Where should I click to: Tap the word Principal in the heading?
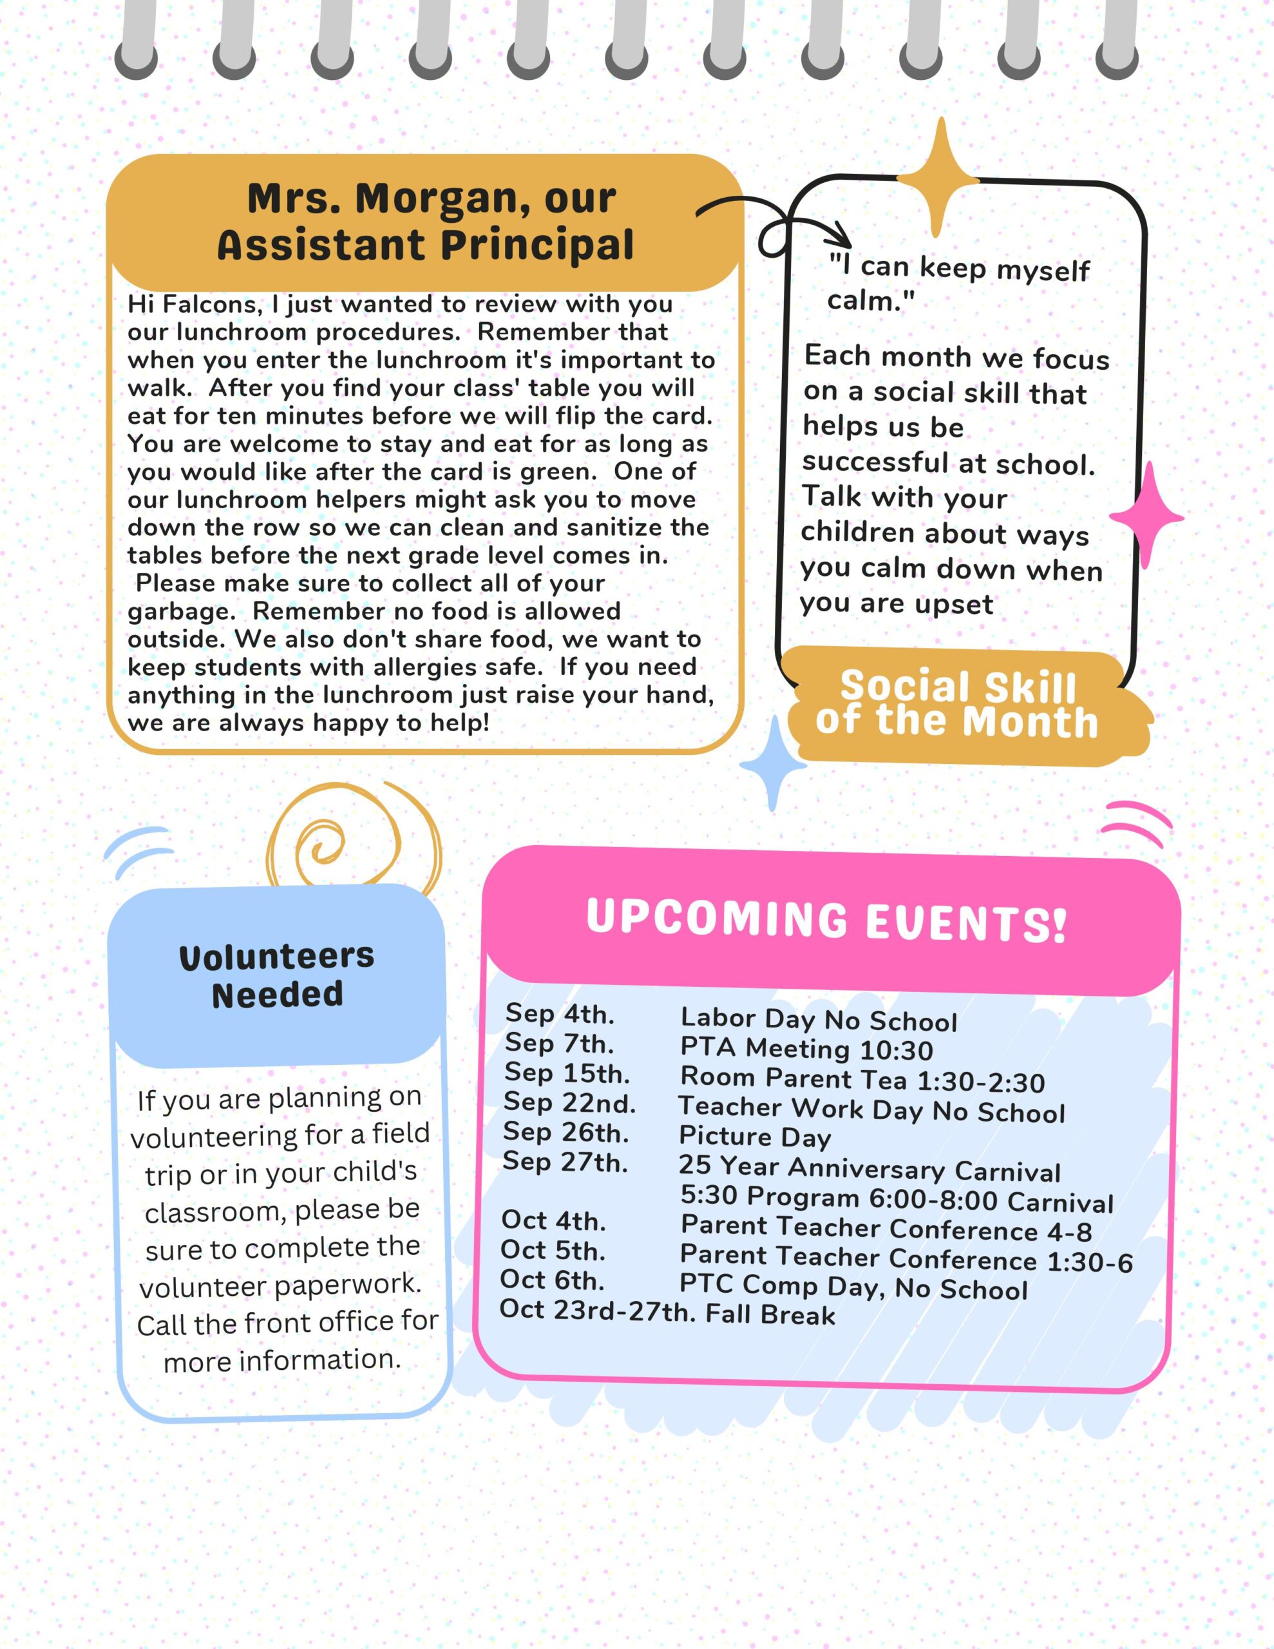tap(538, 245)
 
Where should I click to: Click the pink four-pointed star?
tap(1146, 517)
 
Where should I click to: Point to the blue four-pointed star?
tap(772, 764)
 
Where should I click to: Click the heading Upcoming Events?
tap(826, 920)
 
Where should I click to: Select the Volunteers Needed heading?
tap(277, 975)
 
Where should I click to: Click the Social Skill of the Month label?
tap(958, 705)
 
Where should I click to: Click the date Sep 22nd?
tap(569, 1103)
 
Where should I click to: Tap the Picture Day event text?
tap(754, 1136)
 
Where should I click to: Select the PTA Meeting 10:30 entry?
tap(806, 1049)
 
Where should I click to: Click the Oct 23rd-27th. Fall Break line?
tap(667, 1312)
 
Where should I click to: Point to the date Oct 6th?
tap(552, 1280)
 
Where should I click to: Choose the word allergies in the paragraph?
tap(428, 667)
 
